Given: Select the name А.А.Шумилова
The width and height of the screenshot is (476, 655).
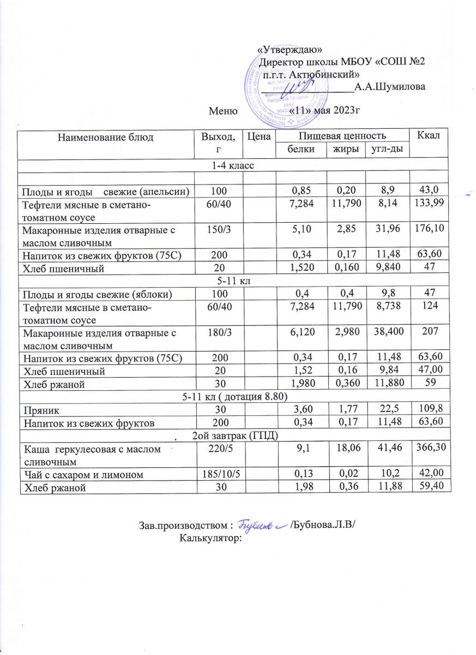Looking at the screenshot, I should (390, 86).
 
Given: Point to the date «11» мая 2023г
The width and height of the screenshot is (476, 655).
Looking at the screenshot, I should (326, 111).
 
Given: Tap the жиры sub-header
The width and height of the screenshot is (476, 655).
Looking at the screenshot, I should (345, 149).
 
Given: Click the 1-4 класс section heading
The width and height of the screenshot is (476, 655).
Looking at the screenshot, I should (234, 165).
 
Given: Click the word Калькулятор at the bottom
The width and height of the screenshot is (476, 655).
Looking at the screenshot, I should (210, 538).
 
